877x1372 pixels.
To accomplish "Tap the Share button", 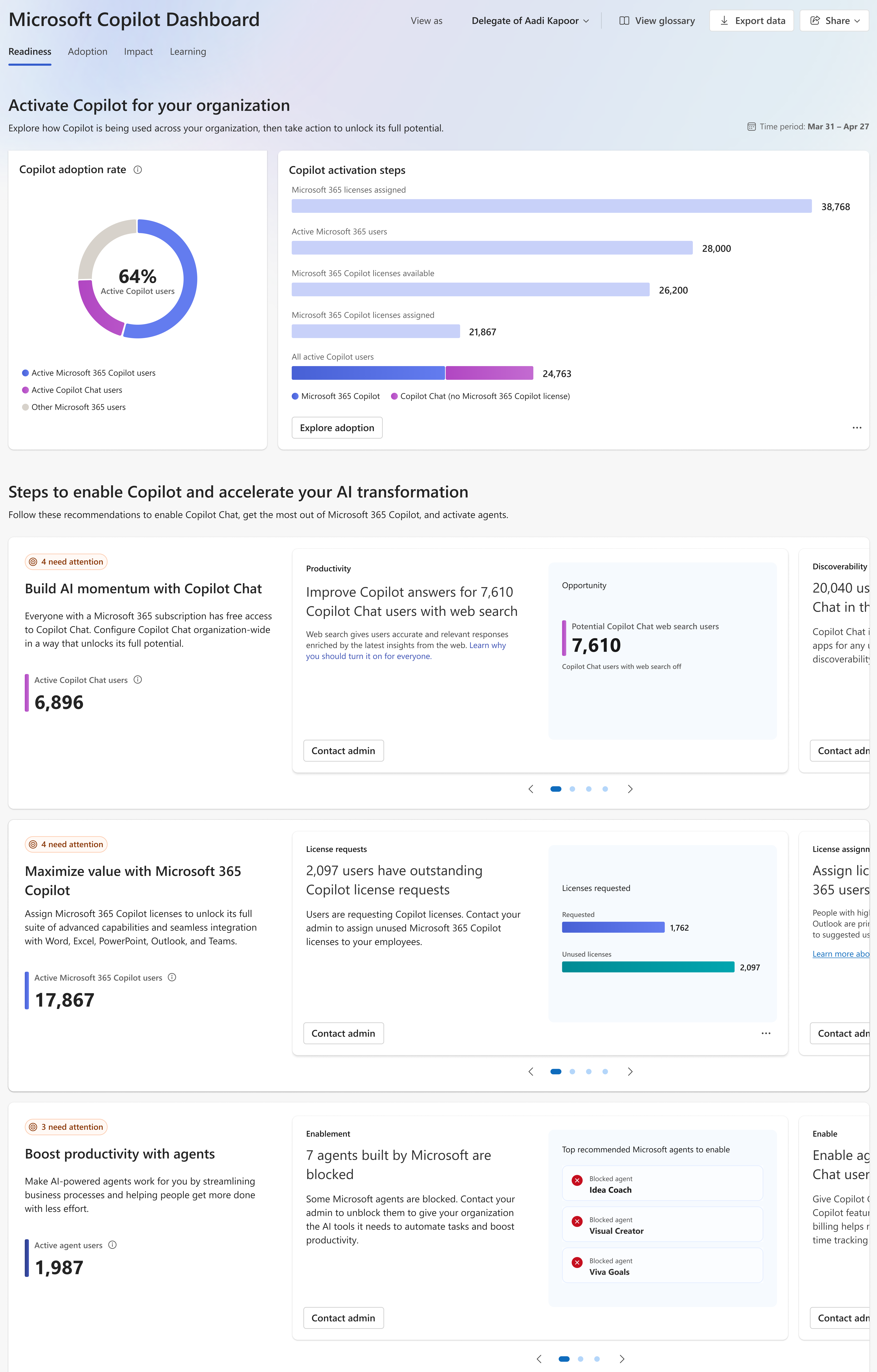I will click(x=834, y=21).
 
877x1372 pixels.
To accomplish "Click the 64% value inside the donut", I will click(x=137, y=276).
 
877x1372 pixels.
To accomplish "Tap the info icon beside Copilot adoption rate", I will click(x=137, y=170).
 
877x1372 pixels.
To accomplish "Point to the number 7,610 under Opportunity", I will click(x=596, y=645).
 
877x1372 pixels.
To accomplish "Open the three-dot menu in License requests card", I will click(x=765, y=1033).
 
